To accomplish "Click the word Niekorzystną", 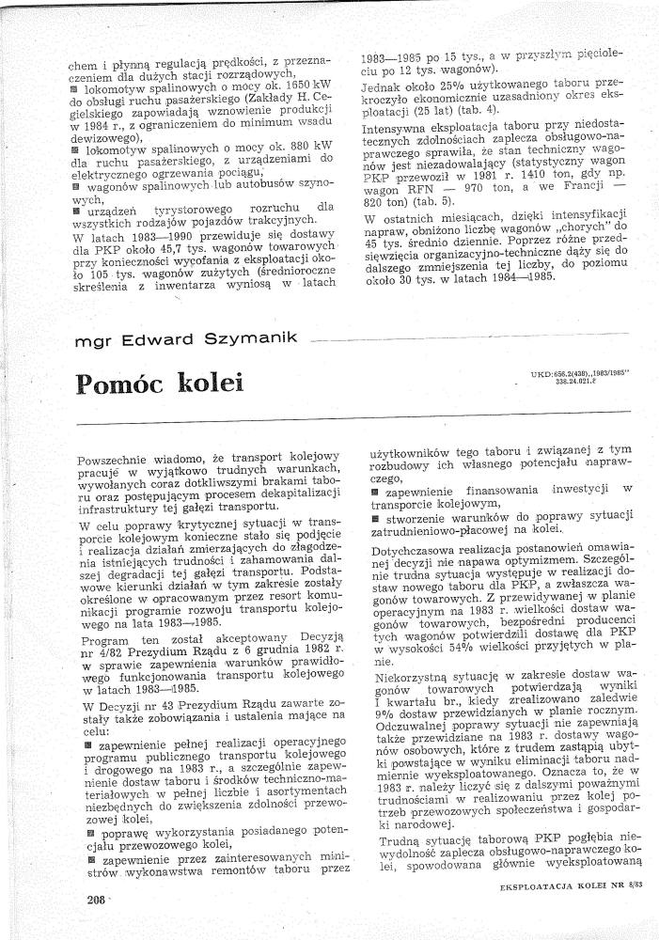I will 407,677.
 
